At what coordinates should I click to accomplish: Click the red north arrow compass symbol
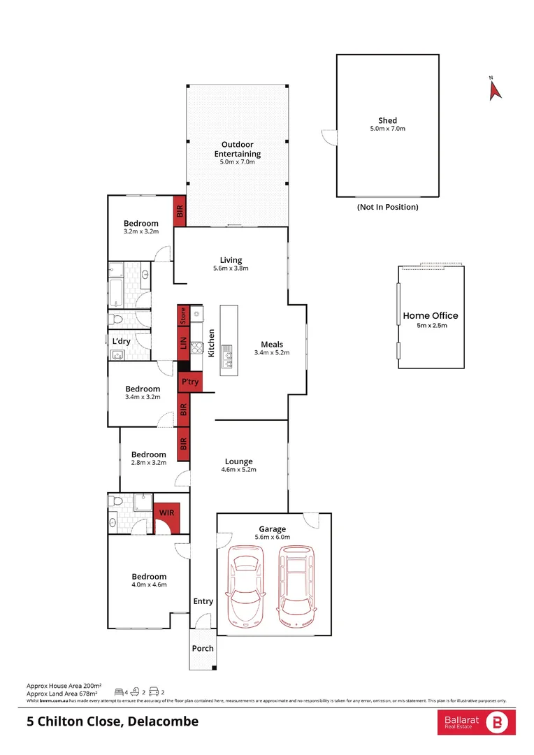[x=495, y=89]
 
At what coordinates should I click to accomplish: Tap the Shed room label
[x=387, y=121]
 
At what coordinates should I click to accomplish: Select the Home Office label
[x=430, y=316]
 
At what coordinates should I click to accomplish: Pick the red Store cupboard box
[x=183, y=315]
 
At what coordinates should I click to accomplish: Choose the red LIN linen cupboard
[x=183, y=343]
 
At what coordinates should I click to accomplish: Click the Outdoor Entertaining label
[x=237, y=150]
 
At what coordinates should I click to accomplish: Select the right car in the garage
[x=296, y=586]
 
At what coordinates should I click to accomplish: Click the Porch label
[x=203, y=648]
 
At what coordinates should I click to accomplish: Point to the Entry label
[x=203, y=601]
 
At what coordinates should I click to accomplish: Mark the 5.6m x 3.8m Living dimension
[x=231, y=268]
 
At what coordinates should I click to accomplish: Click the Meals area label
[x=271, y=344]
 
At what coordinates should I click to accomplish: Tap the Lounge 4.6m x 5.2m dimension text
[x=238, y=470]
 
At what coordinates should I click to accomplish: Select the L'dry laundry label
[x=122, y=341]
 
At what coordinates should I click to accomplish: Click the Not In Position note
[x=387, y=207]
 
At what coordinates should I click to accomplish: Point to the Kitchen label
[x=212, y=343]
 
